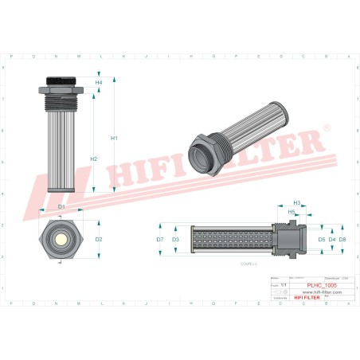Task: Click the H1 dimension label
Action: [114, 139]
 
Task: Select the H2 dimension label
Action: [94, 159]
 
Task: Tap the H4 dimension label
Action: [99, 83]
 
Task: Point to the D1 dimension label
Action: [62, 207]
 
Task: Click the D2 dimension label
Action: [99, 239]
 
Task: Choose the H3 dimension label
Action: [297, 203]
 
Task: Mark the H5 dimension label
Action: [292, 212]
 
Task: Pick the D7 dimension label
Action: [160, 239]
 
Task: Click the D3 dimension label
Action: [175, 239]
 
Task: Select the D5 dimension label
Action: [322, 239]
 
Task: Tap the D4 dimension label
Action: [331, 239]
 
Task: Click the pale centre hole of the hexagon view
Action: [61, 239]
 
